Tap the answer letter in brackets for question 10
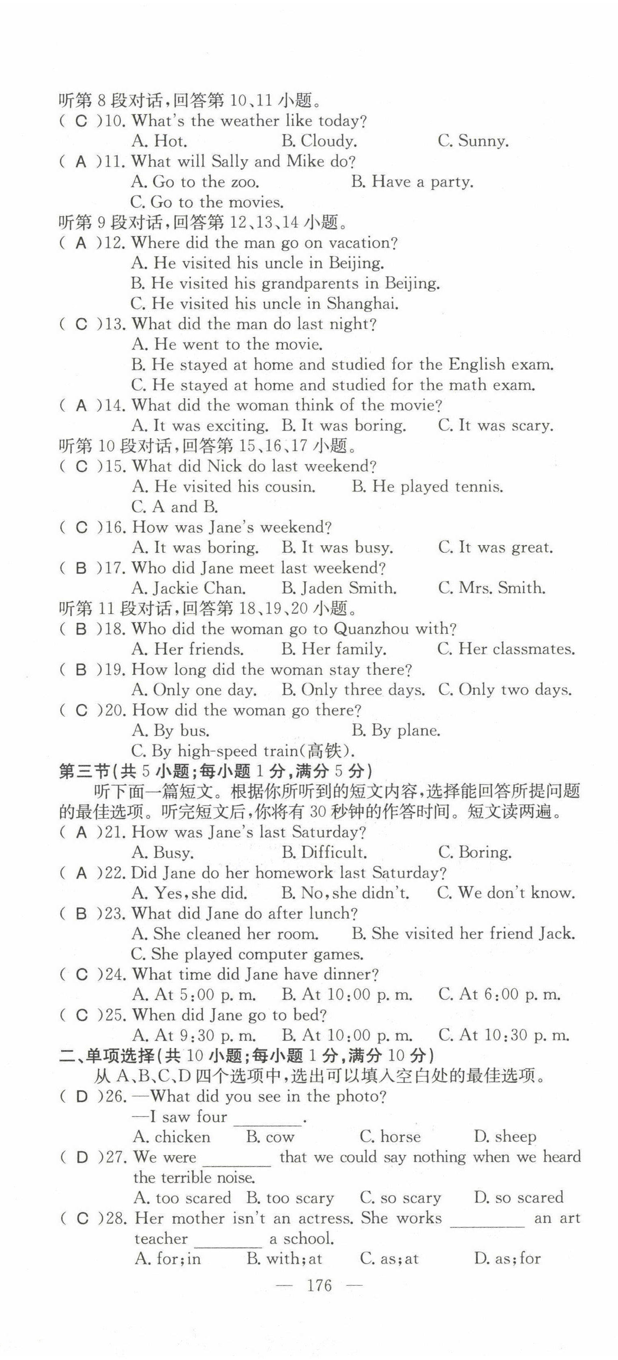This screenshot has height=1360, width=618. pos(81,121)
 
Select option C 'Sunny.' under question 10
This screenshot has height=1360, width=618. pos(473,141)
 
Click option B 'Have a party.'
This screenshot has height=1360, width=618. pos(412,182)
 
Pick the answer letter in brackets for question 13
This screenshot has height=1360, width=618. pos(81,324)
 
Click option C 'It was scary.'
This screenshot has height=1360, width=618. pos(496,425)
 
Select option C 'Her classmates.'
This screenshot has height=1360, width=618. pos(506,649)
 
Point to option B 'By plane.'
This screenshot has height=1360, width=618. pos(396,731)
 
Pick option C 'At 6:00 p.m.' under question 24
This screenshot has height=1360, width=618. pos(499,995)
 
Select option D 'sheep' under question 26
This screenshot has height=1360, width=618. pos(504,1137)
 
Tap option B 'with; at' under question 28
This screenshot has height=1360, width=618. pos(284,1259)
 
